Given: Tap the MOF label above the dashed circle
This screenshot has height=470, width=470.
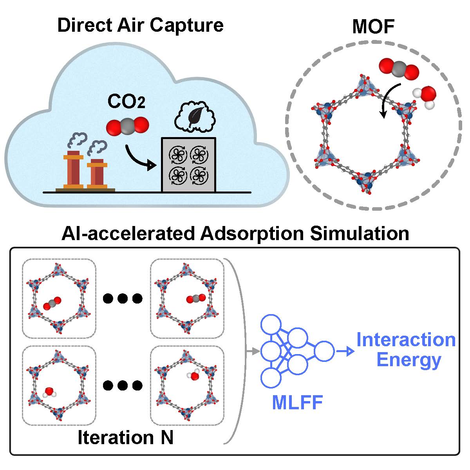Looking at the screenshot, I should click(x=373, y=27).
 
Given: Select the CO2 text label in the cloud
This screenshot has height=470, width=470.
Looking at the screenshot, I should click(x=126, y=103).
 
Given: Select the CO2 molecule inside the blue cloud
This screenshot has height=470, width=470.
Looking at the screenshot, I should click(x=128, y=126).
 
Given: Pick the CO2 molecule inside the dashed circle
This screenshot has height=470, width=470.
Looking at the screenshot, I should click(x=399, y=69).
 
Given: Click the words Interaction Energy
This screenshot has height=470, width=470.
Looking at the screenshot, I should click(x=407, y=350).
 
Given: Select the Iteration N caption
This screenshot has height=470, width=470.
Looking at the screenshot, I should click(x=125, y=437).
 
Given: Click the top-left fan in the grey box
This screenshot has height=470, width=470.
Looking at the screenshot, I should click(x=177, y=155).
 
